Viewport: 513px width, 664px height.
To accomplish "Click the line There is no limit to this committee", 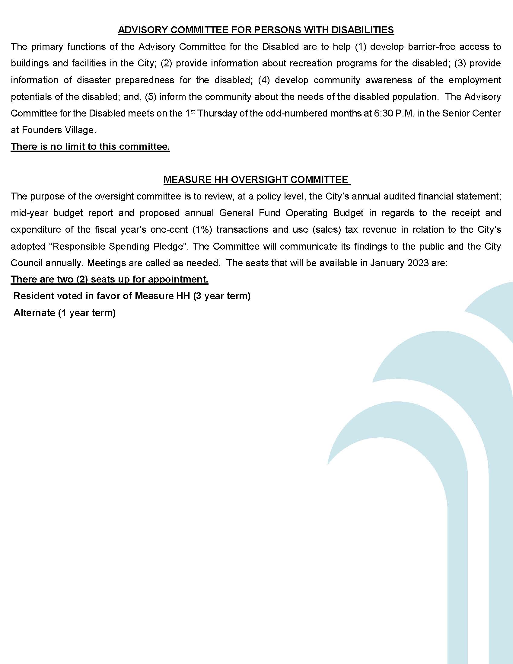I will [90, 147].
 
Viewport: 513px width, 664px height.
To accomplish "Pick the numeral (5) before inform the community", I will [151, 97].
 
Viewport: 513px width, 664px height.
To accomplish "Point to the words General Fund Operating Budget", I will [291, 213].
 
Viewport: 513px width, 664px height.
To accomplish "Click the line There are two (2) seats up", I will [110, 279].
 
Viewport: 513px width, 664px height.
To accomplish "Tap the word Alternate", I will [34, 313].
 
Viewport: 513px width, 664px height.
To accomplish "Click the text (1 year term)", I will [87, 313].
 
